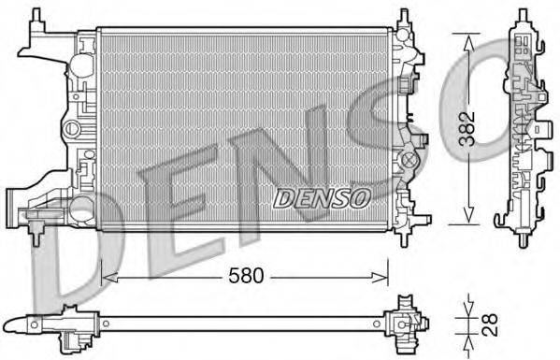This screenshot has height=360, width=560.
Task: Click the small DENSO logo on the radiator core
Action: click(321, 197)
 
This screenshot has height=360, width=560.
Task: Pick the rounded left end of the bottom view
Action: click(35, 325)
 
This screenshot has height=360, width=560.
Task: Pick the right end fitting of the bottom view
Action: click(407, 323)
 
